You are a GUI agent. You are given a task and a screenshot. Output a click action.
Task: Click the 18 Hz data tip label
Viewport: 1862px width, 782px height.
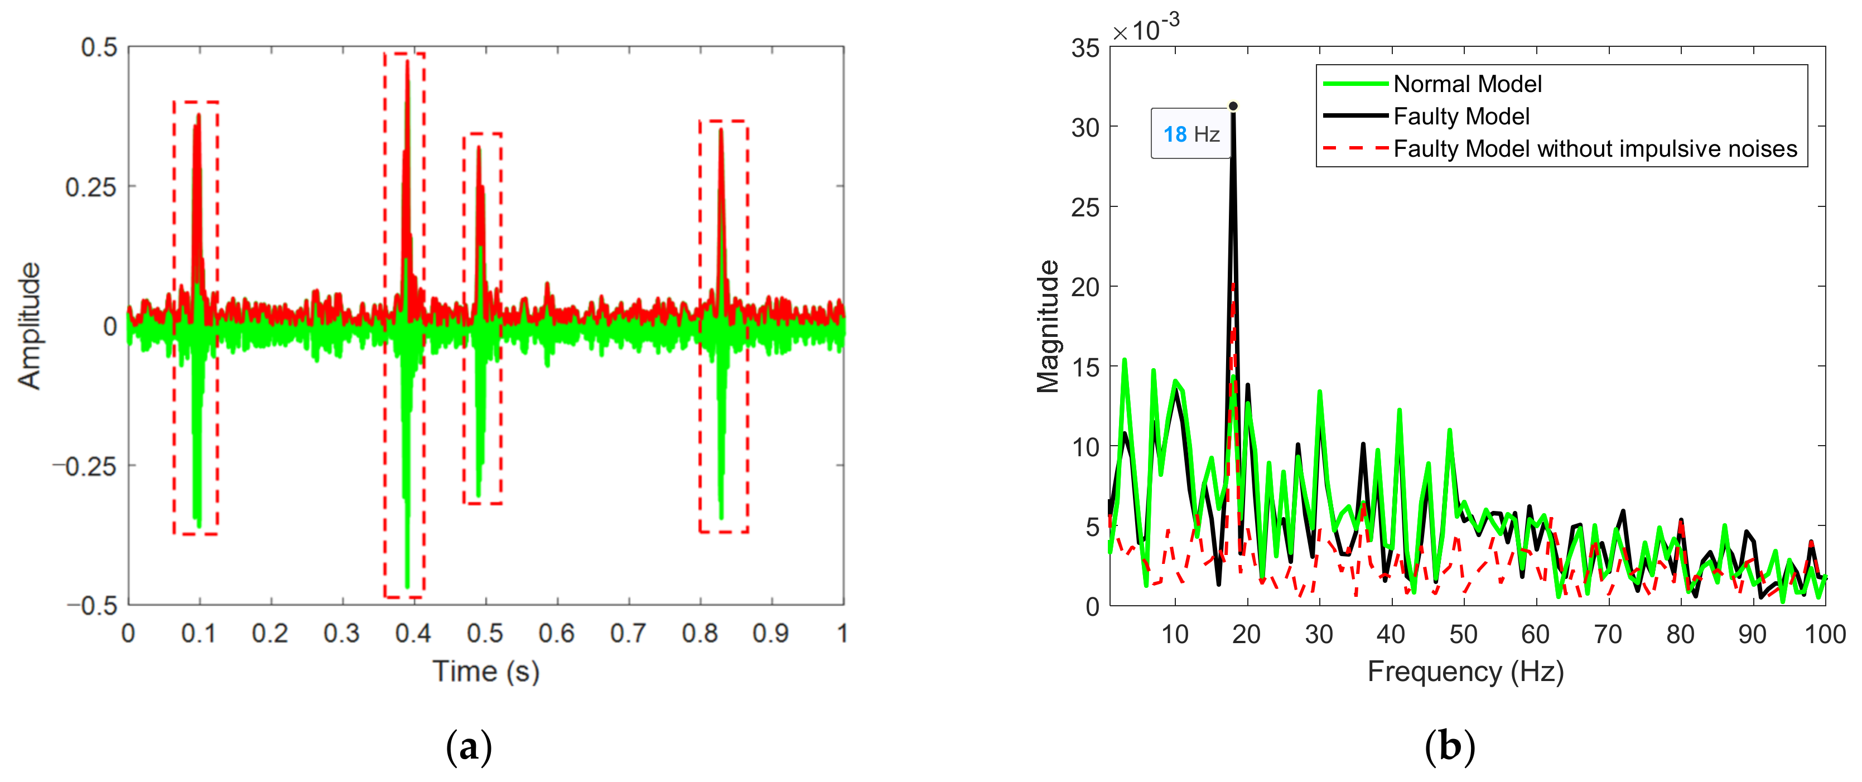coord(1190,134)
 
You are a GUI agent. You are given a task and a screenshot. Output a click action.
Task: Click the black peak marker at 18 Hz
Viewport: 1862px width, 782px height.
coord(1233,106)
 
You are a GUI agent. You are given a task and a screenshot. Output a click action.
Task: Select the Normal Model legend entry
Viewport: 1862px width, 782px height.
coord(1467,84)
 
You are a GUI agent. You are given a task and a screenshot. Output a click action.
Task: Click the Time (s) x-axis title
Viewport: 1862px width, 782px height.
coord(486,672)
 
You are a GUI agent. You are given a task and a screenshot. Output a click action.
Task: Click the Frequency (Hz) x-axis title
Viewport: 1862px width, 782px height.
coord(1465,672)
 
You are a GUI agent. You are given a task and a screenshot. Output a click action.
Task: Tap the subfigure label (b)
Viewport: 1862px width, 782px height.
coord(1449,747)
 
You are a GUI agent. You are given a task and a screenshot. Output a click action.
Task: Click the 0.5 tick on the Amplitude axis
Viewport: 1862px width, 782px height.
coord(99,48)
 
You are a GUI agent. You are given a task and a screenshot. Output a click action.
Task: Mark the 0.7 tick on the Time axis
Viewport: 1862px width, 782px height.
coord(628,634)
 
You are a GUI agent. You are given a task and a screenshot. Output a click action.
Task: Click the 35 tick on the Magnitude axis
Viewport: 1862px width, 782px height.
coord(1085,49)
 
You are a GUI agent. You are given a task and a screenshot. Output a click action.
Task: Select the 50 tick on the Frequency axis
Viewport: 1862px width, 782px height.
coord(1463,634)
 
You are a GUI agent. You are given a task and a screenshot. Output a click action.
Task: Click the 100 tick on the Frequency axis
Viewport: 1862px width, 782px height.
coord(1825,634)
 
